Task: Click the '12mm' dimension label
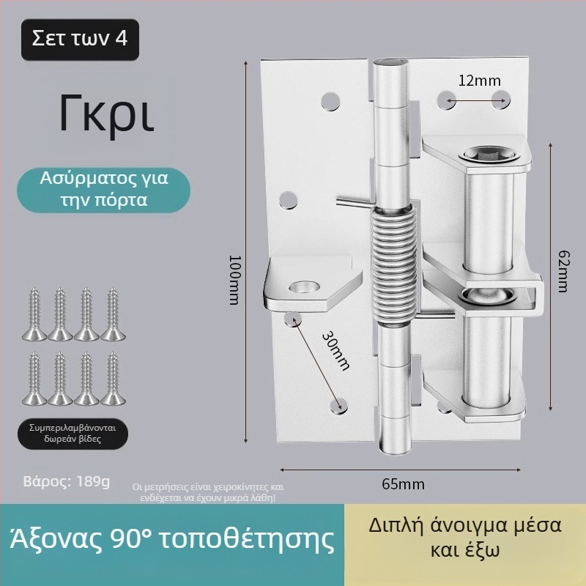(x=475, y=81)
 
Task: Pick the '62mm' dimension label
(x=561, y=270)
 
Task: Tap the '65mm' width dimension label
(x=403, y=484)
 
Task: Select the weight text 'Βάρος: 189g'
(x=67, y=482)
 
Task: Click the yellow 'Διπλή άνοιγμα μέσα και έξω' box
(x=465, y=538)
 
